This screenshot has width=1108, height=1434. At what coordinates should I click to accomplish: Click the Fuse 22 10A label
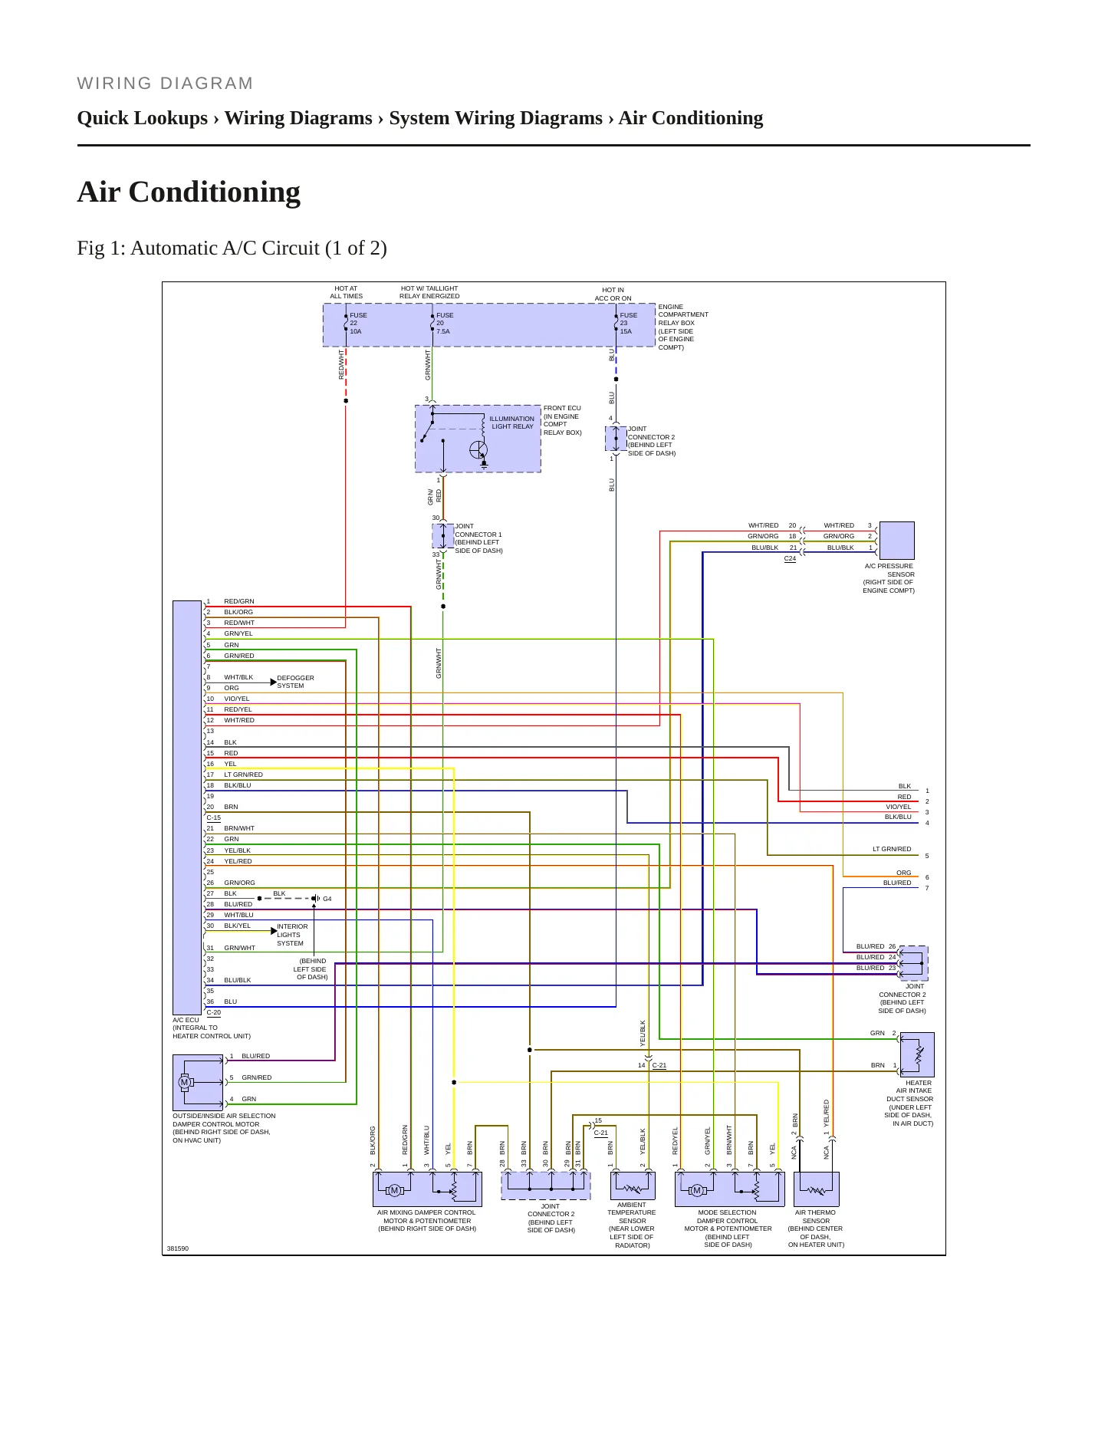pos(358,324)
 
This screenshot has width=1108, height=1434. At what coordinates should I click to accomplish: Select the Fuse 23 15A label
pos(628,324)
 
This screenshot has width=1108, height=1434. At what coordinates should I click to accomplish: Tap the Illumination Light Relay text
pos(512,423)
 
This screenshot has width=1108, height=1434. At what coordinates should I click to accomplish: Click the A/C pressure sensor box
pos(896,541)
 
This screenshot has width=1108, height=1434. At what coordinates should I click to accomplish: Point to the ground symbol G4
pos(317,899)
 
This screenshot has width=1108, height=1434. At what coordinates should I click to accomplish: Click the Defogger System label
pos(295,682)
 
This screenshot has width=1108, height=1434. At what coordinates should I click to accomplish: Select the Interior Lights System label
pos(292,935)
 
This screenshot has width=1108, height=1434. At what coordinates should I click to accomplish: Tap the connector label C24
pos(790,559)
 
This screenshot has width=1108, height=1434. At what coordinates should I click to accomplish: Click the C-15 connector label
pos(213,818)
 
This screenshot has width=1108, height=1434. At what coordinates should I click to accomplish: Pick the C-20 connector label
pos(213,1013)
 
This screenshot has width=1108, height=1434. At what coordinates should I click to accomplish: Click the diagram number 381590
pos(178,1248)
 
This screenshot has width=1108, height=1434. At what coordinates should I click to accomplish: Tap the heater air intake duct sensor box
pos(917,1054)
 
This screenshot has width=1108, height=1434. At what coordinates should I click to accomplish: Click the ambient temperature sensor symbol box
pos(633,1186)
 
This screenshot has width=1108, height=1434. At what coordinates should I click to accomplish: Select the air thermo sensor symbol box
pos(817,1189)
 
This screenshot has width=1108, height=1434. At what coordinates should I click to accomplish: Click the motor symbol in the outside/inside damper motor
pos(184,1082)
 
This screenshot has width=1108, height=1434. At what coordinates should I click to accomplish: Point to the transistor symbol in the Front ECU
pos(478,450)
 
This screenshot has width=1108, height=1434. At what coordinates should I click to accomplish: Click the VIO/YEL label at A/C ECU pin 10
pos(237,699)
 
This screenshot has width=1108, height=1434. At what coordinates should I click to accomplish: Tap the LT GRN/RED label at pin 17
pos(243,775)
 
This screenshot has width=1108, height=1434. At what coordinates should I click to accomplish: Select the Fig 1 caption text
pos(232,248)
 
